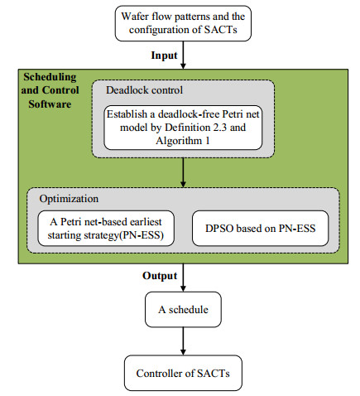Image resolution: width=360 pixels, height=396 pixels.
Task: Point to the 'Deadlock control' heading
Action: point(142,89)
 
